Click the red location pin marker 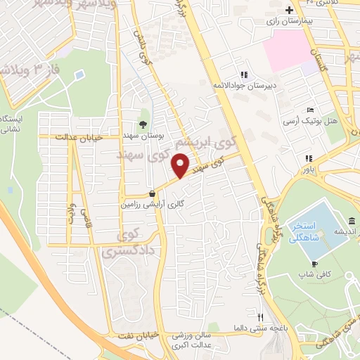[x=181, y=166]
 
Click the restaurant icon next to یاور [x=308, y=158]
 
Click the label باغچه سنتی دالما [x=260, y=328]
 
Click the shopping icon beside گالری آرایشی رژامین [x=153, y=193]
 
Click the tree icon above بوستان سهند [x=143, y=124]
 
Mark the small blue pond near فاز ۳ [x=79, y=73]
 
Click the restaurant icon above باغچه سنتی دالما [x=260, y=317]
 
